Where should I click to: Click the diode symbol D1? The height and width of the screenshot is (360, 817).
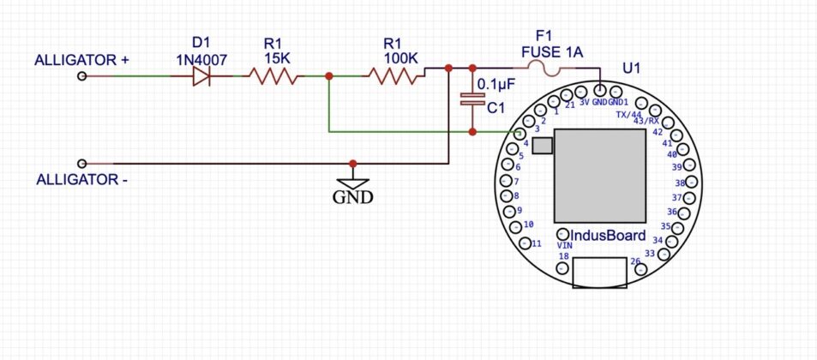click(x=201, y=77)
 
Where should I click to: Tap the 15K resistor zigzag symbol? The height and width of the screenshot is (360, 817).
click(x=274, y=77)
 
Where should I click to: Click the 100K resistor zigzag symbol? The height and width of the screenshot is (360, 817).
click(x=395, y=77)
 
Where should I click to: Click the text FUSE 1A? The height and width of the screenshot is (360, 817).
click(x=551, y=52)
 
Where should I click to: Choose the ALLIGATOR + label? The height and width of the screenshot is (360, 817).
click(x=81, y=60)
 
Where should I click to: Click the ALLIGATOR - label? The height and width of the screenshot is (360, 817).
click(x=81, y=180)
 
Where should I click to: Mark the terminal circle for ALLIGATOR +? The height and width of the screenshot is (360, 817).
click(x=82, y=77)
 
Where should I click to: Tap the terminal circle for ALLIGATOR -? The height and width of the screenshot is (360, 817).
click(x=82, y=163)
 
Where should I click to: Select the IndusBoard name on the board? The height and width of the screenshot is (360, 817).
click(x=608, y=234)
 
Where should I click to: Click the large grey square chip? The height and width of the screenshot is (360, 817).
click(x=599, y=174)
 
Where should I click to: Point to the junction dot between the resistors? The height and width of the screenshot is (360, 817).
click(x=329, y=77)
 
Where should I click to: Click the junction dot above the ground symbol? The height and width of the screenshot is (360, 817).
click(x=353, y=163)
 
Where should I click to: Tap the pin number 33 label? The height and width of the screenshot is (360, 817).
click(x=649, y=254)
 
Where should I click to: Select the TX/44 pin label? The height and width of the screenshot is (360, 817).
click(x=628, y=114)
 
